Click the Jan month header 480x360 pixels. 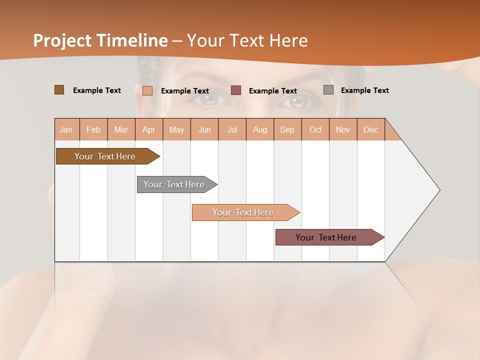pyautogui.click(x=66, y=129)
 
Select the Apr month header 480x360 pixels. pyautogui.click(x=148, y=129)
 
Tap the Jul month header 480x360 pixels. pyautogui.click(x=232, y=129)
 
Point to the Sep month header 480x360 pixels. pyautogui.click(x=287, y=129)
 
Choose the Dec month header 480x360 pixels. pyautogui.click(x=370, y=129)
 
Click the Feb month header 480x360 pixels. pyautogui.click(x=93, y=129)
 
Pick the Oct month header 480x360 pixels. pyautogui.click(x=315, y=129)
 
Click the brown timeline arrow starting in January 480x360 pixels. pyautogui.click(x=105, y=156)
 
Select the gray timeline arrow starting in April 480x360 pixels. pyautogui.click(x=174, y=184)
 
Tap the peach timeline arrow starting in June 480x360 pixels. pyautogui.click(x=243, y=212)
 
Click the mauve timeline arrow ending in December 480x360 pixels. pyautogui.click(x=326, y=237)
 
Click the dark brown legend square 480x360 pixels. pyautogui.click(x=59, y=90)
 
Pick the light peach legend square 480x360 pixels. pyautogui.click(x=147, y=90)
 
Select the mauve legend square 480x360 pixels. pyautogui.click(x=236, y=90)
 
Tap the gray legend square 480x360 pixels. pyautogui.click(x=328, y=89)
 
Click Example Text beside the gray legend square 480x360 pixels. pyautogui.click(x=364, y=90)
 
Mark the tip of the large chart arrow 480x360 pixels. pyautogui.click(x=439, y=189)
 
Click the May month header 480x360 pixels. pyautogui.click(x=176, y=129)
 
